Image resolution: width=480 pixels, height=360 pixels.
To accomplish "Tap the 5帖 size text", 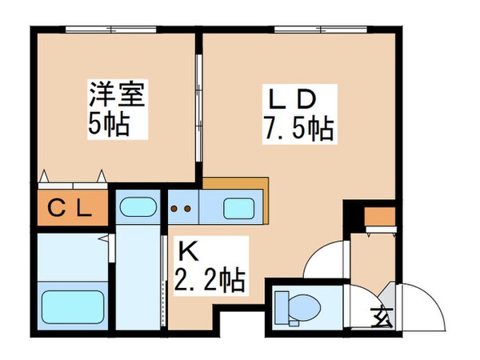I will point(106,126).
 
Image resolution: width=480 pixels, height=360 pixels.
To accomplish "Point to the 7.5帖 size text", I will point(296,126).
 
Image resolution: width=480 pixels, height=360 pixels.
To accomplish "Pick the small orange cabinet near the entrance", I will point(379,217).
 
